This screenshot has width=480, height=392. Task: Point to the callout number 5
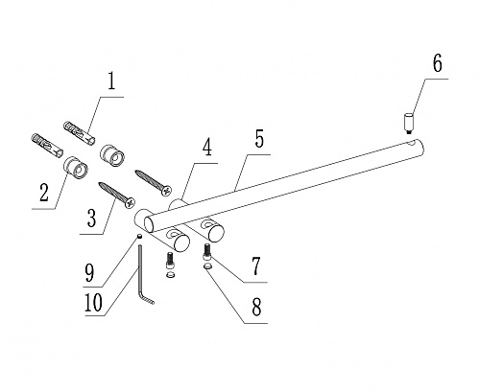(x=259, y=136)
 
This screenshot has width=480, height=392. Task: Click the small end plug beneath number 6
(x=408, y=124)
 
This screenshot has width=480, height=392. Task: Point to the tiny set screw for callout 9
(x=139, y=236)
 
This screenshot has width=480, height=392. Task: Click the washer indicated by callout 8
(x=207, y=267)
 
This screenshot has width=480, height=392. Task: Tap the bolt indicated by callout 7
(x=207, y=251)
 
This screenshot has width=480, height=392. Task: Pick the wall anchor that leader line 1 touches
(x=80, y=133)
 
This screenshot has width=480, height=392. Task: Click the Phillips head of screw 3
(x=131, y=203)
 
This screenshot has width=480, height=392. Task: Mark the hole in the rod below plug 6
(x=414, y=141)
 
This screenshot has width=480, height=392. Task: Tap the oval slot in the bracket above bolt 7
(x=205, y=224)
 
